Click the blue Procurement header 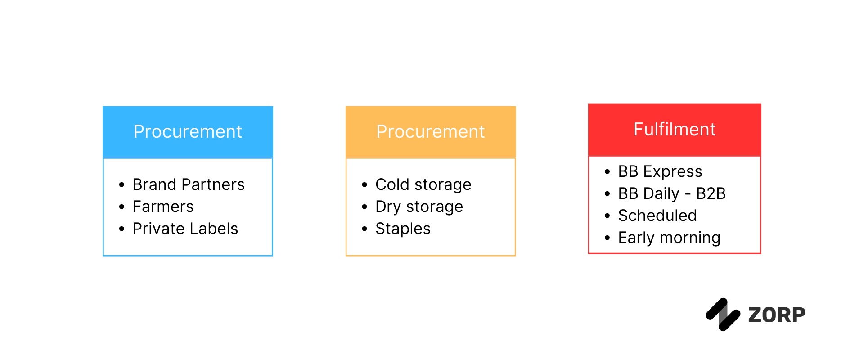tap(188, 131)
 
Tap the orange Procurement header tap(430, 131)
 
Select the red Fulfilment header tap(675, 130)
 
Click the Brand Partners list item tap(188, 184)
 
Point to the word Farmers tap(163, 207)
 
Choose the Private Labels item tap(185, 229)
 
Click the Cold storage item tap(423, 184)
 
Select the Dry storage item tap(419, 207)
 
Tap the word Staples tap(403, 229)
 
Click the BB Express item tap(660, 171)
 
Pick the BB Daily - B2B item tap(671, 193)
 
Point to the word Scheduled tap(657, 216)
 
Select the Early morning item tap(669, 238)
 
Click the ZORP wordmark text tap(776, 315)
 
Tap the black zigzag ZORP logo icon tap(723, 315)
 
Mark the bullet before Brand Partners tap(121, 185)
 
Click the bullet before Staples tap(364, 229)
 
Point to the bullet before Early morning tap(607, 238)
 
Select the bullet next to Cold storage tap(364, 185)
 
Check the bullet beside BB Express tap(607, 172)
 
